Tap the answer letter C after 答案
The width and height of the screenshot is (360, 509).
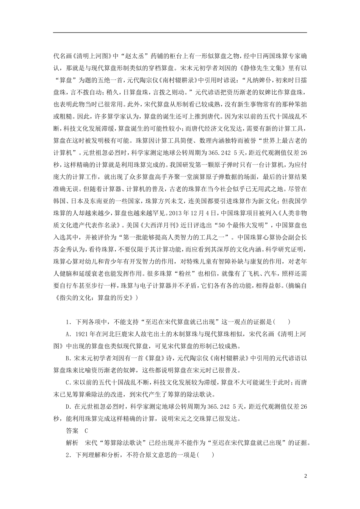(x=86, y=430)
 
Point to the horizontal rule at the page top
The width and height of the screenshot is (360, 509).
(x=180, y=33)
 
